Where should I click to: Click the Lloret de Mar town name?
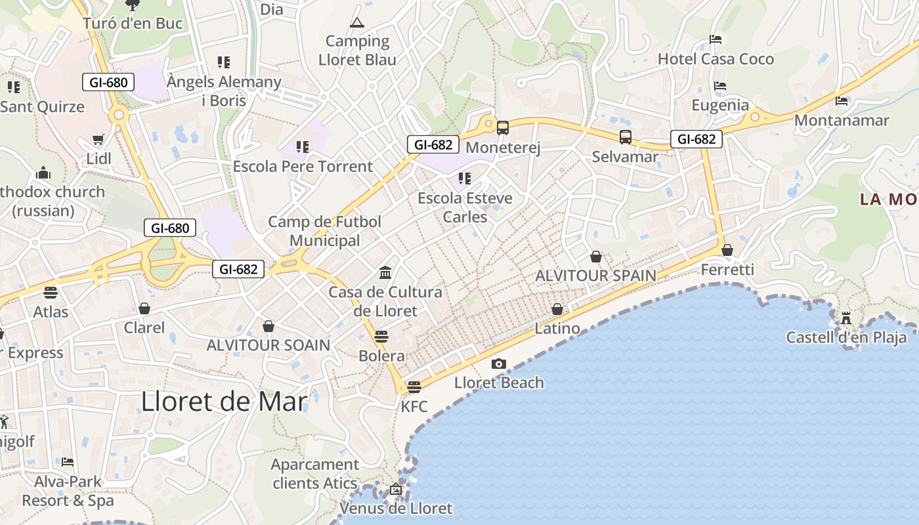point(224,402)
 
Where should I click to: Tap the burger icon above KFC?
point(414,387)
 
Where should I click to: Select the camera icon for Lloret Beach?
point(499,364)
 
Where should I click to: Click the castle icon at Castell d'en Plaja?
point(846,318)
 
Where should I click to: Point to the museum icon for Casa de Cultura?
point(385,272)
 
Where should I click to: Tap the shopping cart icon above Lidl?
point(98,140)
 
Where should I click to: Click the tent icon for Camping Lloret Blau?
point(357,23)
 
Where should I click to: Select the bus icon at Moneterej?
point(503,128)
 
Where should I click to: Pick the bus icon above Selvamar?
point(626,137)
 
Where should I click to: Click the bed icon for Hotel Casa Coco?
point(716,39)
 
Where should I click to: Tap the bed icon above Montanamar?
point(842,100)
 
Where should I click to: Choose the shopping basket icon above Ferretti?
point(727,250)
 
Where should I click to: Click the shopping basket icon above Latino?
point(557,309)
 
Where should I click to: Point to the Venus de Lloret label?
point(396,508)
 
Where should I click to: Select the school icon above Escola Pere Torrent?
point(303,147)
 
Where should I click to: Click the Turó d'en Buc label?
point(133,24)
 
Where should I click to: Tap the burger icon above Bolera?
point(381,337)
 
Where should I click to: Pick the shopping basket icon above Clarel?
point(144,308)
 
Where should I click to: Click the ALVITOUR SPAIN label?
point(595,276)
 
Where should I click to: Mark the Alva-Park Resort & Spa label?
point(68,491)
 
